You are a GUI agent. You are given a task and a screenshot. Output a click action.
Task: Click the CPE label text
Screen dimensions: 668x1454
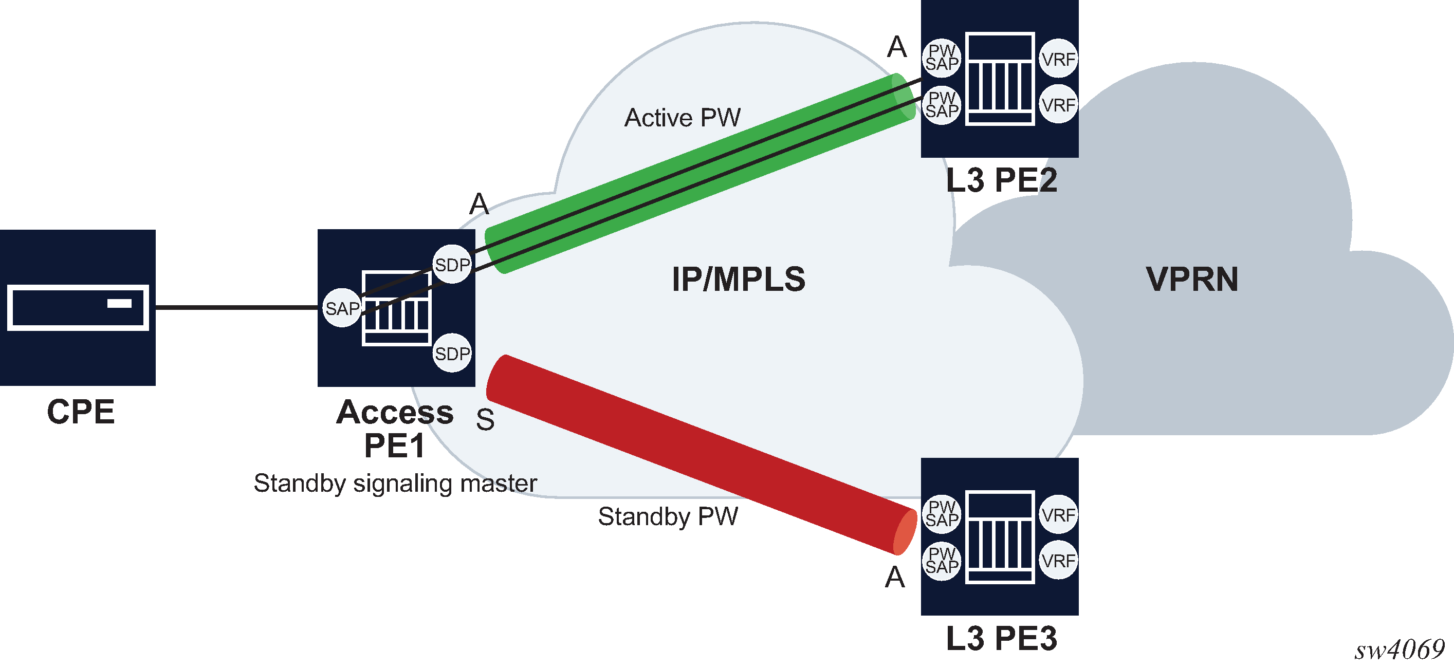click(81, 412)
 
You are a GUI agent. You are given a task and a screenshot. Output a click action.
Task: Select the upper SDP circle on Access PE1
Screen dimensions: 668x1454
click(452, 265)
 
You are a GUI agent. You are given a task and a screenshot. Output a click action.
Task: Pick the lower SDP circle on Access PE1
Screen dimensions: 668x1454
click(452, 354)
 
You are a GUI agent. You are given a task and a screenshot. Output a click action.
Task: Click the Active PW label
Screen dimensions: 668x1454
click(682, 118)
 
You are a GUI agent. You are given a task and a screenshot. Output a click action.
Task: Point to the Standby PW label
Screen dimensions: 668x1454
click(668, 516)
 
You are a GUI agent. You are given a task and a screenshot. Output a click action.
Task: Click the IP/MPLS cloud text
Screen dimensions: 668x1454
click(738, 279)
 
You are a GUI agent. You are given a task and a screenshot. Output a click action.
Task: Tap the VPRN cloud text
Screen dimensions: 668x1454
click(1192, 279)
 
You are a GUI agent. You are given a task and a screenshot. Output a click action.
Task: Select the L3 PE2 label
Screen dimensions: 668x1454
click(1001, 180)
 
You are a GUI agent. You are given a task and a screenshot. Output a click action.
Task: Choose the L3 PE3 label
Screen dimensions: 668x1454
click(1001, 639)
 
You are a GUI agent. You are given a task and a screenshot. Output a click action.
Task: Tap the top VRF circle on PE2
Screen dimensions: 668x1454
click(1058, 59)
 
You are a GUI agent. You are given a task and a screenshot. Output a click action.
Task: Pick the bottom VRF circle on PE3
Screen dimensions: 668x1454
click(1058, 561)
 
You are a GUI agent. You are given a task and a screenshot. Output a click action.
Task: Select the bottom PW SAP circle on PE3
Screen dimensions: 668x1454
click(942, 561)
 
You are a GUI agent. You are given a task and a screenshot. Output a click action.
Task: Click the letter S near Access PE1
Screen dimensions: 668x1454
click(485, 420)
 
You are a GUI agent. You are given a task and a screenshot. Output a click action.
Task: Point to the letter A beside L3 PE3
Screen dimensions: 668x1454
click(895, 578)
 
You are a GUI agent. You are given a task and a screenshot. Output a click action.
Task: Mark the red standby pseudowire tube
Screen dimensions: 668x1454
click(700, 454)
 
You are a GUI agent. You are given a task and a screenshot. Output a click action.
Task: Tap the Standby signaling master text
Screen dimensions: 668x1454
click(395, 484)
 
